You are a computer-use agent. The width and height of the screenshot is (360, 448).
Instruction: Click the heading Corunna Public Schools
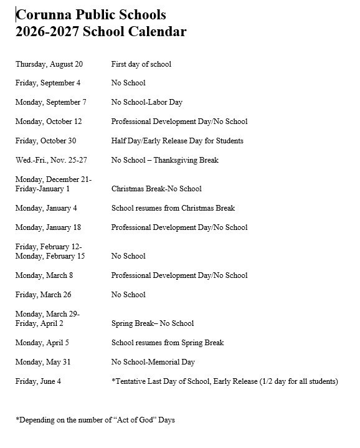(x=91, y=14)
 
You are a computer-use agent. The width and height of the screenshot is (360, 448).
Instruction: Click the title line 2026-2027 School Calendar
(x=101, y=32)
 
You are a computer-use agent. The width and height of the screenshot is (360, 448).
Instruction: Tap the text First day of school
(x=141, y=64)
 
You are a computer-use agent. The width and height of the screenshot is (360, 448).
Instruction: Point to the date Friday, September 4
(x=48, y=83)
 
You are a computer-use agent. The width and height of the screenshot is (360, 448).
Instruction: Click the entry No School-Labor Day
(x=146, y=102)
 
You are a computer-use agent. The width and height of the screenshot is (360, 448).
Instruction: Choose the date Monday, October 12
(x=49, y=122)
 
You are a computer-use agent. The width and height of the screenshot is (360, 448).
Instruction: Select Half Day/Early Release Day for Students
(x=177, y=141)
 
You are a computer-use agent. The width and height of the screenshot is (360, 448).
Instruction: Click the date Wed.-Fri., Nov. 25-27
(x=51, y=160)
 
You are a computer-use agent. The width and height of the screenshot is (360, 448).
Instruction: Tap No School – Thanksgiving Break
(x=164, y=160)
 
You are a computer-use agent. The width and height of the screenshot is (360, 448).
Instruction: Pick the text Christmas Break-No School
(x=156, y=189)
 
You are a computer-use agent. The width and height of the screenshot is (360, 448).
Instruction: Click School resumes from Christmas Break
(x=173, y=208)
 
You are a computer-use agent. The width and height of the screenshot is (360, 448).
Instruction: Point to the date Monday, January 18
(x=48, y=227)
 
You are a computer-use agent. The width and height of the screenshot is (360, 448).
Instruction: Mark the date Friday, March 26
(x=42, y=295)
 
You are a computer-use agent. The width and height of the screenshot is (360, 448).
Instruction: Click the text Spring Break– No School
(x=152, y=323)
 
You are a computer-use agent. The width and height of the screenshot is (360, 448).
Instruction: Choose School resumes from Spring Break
(x=167, y=343)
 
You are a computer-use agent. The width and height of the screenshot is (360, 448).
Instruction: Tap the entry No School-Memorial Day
(x=153, y=362)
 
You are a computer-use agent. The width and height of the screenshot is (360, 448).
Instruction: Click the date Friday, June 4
(x=38, y=381)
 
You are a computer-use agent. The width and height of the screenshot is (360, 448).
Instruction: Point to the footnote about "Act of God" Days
(x=95, y=420)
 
